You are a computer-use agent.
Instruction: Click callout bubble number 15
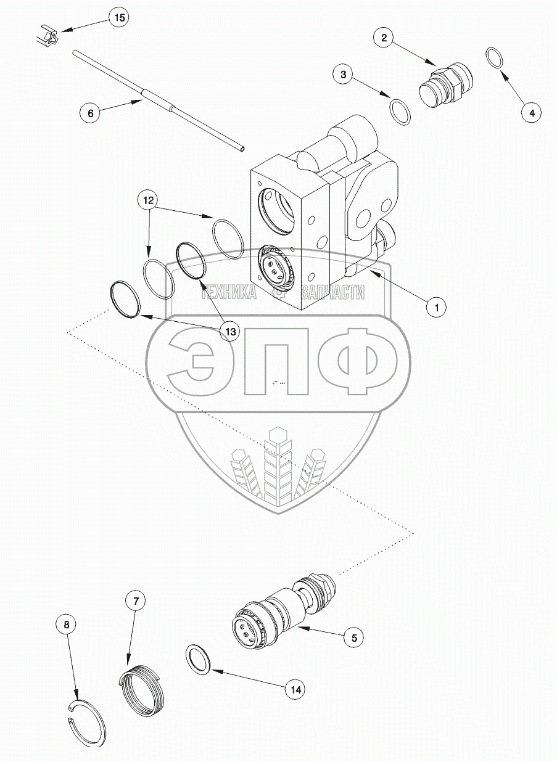tap(120, 18)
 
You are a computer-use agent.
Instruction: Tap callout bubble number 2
tap(384, 38)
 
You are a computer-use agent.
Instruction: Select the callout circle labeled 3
tap(343, 74)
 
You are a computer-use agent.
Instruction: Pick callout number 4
tap(532, 113)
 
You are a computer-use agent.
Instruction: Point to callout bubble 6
tap(90, 113)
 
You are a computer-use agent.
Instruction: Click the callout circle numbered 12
tap(149, 200)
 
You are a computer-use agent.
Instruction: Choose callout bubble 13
tap(230, 331)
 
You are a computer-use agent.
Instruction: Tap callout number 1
tap(437, 307)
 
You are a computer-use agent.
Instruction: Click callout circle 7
tap(136, 600)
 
